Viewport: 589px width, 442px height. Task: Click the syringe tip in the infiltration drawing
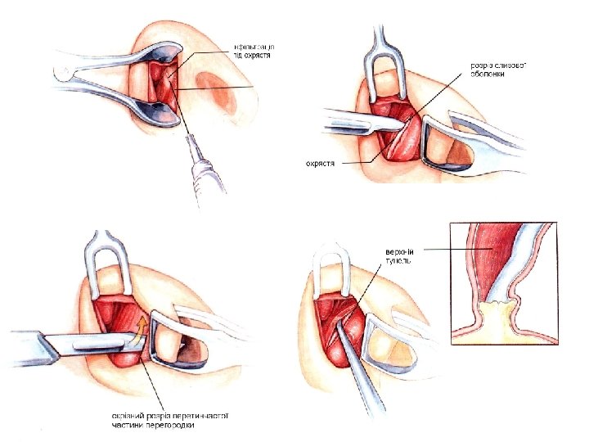[187, 138]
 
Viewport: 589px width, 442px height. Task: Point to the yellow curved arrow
[139, 327]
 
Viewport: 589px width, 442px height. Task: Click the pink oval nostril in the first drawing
[217, 89]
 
